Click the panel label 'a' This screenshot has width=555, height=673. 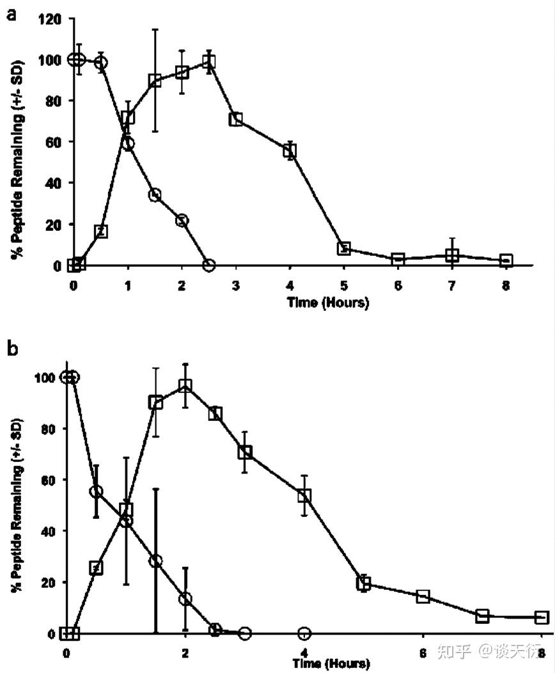(x=10, y=14)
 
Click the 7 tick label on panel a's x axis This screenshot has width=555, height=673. (x=452, y=286)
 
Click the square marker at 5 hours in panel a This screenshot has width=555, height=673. (x=344, y=248)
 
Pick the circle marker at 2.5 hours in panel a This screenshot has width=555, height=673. (x=208, y=264)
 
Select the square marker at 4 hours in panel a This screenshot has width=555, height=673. (x=290, y=151)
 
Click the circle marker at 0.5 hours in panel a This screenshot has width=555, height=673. (x=101, y=62)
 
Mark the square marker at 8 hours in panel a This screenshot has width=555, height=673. (x=506, y=260)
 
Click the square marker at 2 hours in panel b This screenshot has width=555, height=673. (x=185, y=386)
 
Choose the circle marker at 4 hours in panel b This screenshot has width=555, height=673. (x=304, y=633)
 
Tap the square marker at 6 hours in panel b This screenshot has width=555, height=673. (x=423, y=596)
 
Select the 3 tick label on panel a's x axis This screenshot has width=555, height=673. (x=236, y=286)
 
